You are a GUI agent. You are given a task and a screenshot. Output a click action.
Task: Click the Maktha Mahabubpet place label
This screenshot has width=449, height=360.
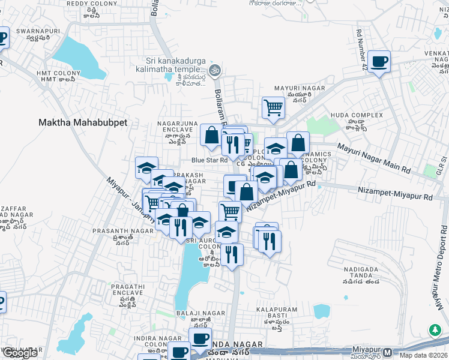coord(83,122)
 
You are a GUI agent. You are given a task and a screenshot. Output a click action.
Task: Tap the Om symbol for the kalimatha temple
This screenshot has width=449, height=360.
coord(215,71)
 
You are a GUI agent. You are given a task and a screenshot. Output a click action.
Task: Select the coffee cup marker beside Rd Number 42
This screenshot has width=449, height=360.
coord(379,61)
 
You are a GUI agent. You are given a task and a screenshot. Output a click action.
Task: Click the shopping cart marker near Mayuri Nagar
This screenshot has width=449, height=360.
coord(273,107)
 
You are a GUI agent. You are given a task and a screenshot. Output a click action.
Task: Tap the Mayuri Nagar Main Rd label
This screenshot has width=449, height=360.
coord(373,158)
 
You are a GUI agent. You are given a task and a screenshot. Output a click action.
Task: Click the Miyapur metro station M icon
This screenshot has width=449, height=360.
coord(388,352)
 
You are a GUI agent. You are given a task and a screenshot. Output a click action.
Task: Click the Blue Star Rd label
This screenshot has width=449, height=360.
coord(209,160)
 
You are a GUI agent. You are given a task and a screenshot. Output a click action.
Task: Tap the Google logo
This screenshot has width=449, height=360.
coord(20,353)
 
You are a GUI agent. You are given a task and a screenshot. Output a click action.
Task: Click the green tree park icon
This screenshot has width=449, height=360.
coord(434,330)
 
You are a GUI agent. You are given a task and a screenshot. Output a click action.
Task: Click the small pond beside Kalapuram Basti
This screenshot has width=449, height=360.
coord(322,311)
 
